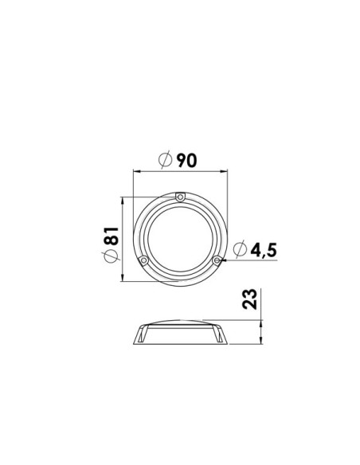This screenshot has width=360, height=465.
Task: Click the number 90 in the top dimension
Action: pos(186,160)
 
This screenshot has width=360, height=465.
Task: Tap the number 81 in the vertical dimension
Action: pos(112,236)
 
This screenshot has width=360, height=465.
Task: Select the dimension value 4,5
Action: pos(264,250)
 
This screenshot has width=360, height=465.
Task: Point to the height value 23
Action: pos(249,299)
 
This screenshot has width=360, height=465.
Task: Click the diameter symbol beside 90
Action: pos(165,159)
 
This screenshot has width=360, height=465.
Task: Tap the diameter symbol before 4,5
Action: pos(240,248)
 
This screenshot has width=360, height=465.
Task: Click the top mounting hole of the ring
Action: pos(180,197)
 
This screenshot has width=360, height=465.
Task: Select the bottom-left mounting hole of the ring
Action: pos(144,260)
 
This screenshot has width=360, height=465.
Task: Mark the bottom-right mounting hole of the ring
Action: pos(217,260)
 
